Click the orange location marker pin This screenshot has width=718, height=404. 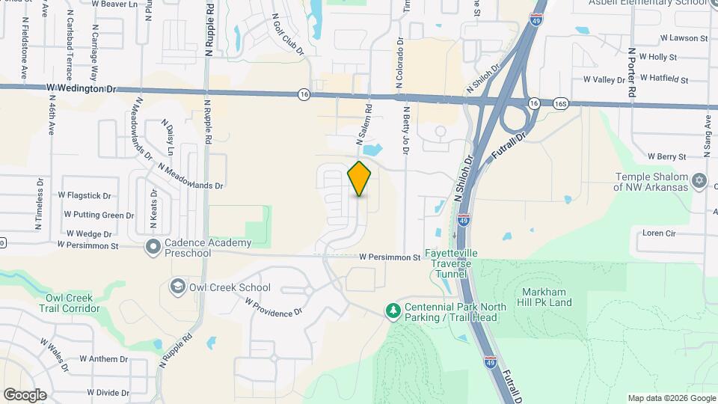click(x=360, y=179)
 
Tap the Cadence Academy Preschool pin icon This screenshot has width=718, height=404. click(x=153, y=245)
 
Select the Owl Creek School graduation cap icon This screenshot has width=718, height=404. click(x=177, y=287)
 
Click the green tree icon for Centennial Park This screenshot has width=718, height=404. click(x=392, y=310)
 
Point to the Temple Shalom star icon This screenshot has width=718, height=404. click(x=700, y=180)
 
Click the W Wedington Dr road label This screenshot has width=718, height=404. click(x=82, y=88)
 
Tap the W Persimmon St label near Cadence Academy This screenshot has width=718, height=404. click(x=88, y=245)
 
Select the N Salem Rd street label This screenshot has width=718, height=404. click(x=364, y=124)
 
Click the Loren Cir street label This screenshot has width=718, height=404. click(x=660, y=233)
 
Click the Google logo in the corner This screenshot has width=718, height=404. click(x=25, y=395)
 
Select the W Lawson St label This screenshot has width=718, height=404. click(x=684, y=37)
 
